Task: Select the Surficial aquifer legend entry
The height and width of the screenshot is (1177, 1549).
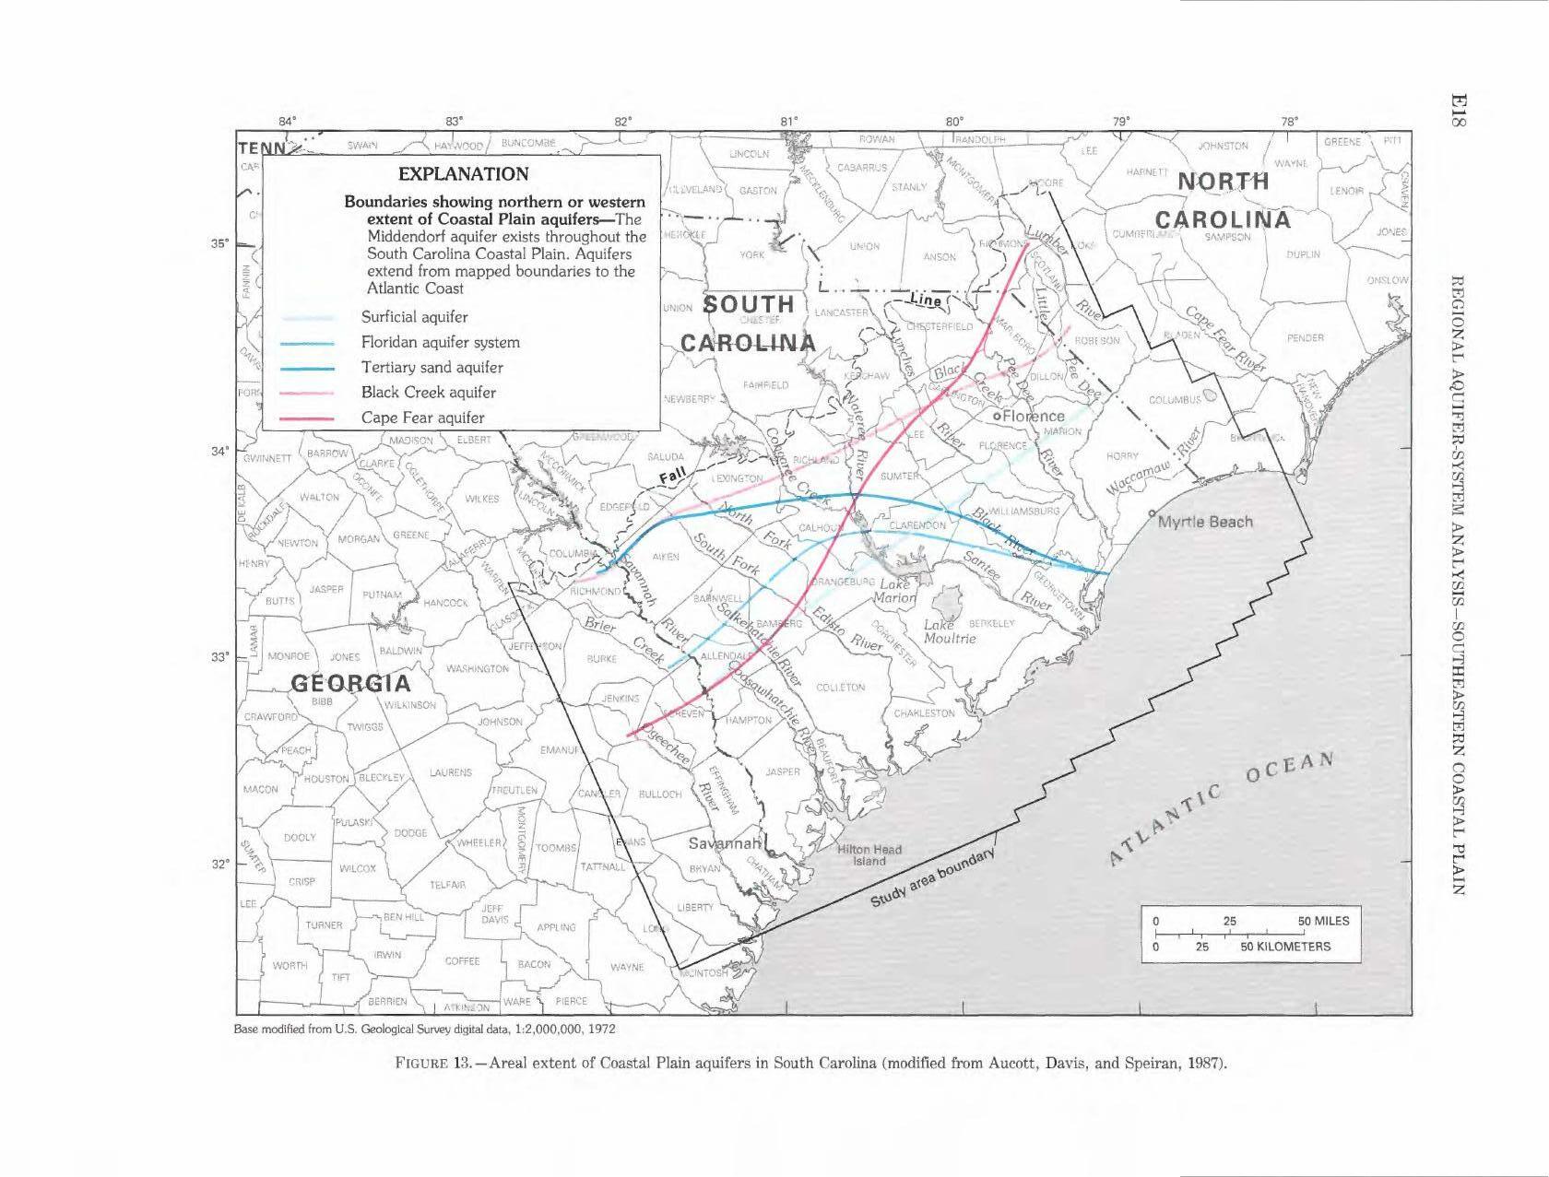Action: click(414, 317)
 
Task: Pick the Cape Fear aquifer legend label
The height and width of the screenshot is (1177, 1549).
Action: click(422, 418)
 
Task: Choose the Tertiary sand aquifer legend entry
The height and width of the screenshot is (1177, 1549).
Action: click(432, 367)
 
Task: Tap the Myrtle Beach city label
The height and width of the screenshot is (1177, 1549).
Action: click(1205, 522)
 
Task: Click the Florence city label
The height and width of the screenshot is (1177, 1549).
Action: click(1033, 416)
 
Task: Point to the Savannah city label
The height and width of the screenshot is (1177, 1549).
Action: click(724, 843)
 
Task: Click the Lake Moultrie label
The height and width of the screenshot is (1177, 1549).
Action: click(950, 631)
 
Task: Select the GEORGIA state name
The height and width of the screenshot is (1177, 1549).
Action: click(351, 683)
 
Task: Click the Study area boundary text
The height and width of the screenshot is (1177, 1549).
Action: click(933, 878)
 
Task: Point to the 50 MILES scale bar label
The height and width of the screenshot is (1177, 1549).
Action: click(1323, 921)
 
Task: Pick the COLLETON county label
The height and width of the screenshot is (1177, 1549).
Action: click(841, 688)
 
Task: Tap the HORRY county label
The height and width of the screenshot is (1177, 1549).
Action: click(1122, 455)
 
